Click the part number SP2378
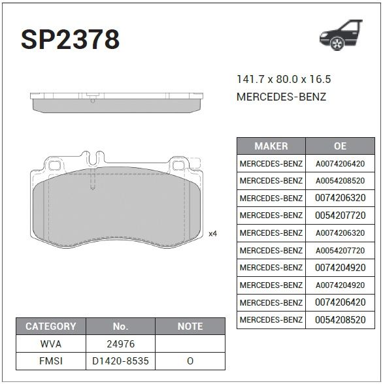(71, 39)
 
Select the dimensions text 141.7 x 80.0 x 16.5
(284, 79)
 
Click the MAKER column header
(271, 146)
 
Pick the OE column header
(340, 146)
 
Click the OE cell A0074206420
(340, 163)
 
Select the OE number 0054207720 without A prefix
(340, 216)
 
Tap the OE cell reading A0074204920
(340, 285)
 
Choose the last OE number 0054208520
(340, 319)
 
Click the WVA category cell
(51, 344)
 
